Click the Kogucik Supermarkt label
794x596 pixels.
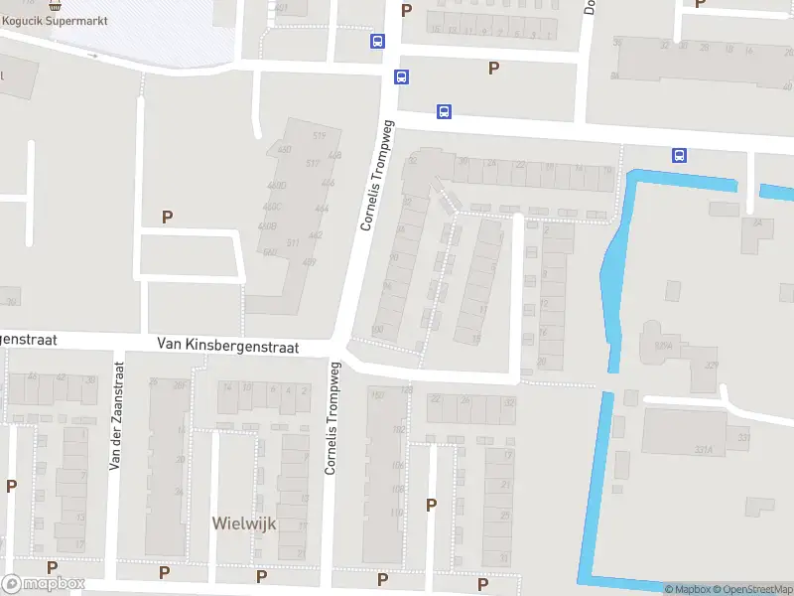coord(63,19)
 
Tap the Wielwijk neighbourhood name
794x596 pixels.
coord(243,522)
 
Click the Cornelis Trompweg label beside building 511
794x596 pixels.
coord(377,176)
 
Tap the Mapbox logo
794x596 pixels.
coord(44,584)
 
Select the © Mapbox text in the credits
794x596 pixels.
coord(688,589)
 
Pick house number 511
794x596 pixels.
coord(294,242)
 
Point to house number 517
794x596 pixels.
coord(314,163)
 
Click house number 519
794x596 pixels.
coord(319,136)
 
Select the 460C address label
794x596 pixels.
coord(272,207)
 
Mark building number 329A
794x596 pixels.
coord(662,345)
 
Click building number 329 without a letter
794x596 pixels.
coord(711,366)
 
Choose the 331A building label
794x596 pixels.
coord(703,450)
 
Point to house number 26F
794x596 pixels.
coord(180,385)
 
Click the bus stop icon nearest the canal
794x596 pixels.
coord(680,155)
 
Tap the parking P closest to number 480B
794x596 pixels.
coord(168,216)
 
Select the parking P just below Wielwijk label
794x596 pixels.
coord(261,575)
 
